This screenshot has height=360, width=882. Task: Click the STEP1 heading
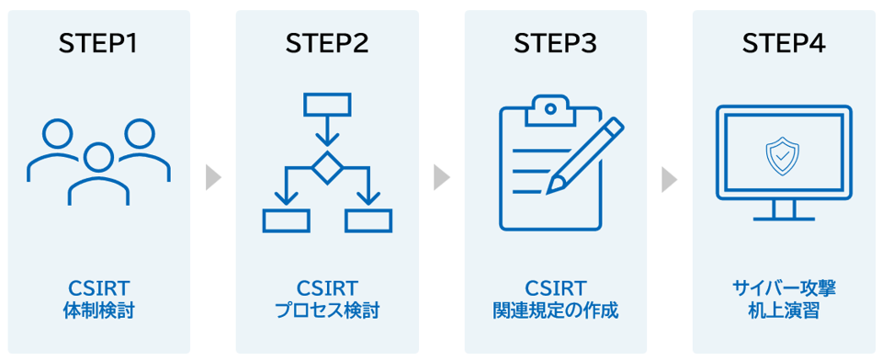point(98,44)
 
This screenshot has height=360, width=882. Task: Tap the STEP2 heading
point(327,44)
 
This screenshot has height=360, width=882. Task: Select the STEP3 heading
point(555,44)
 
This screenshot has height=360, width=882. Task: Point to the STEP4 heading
point(784,44)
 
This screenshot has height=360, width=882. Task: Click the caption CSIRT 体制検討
point(98,299)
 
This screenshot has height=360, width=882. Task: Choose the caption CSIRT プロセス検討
point(327,299)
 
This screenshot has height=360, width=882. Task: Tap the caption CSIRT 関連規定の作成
point(555,299)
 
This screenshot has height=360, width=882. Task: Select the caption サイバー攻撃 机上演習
point(784,299)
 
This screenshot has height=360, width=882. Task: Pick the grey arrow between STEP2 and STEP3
point(442,178)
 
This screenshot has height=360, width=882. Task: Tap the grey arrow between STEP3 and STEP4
point(670,178)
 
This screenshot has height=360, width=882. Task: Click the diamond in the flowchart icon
point(327,167)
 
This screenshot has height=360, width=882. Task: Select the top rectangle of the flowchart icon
point(327,104)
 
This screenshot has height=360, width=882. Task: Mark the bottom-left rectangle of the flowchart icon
point(286,220)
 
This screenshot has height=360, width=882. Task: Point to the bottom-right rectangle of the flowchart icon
point(368,220)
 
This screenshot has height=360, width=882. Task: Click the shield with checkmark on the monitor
point(783,153)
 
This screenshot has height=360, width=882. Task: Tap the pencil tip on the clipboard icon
point(551,188)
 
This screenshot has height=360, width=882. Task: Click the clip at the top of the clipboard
point(550,111)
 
